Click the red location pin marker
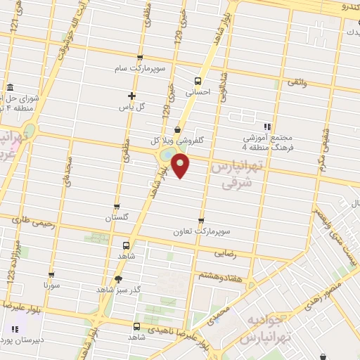pos(181,165)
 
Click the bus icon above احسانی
pos(198,80)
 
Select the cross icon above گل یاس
pos(131,95)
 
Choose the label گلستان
pos(117,218)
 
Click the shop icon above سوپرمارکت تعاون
pos(202,220)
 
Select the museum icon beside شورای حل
pos(9,88)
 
